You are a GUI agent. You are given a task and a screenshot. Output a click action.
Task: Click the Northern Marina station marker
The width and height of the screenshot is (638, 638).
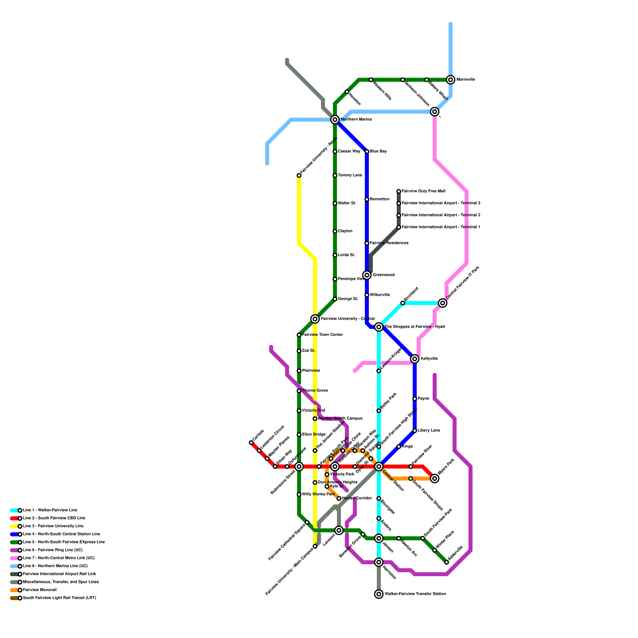[x=335, y=120]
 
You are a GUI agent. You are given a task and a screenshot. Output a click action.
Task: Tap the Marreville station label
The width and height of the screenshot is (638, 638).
[x=465, y=80]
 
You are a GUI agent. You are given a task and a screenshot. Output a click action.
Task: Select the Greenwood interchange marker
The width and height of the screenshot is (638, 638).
[x=367, y=275]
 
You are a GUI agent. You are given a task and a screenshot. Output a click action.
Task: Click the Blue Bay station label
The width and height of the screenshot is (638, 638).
[x=378, y=152]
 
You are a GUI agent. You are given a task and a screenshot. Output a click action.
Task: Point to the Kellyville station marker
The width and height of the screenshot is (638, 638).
[x=415, y=359]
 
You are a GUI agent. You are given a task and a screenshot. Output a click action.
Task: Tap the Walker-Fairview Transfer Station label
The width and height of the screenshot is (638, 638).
[x=415, y=594]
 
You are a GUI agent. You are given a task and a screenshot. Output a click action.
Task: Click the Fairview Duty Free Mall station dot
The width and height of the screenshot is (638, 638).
[x=399, y=191]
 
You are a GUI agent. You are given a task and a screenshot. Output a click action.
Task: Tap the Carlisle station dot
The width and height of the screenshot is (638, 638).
[x=251, y=443]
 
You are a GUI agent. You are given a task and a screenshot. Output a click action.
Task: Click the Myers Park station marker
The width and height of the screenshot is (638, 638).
[x=435, y=478]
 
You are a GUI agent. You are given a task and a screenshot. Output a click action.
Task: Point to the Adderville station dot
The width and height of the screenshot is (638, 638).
[x=447, y=562]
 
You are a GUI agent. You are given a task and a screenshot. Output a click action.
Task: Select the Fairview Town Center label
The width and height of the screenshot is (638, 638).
[x=322, y=335]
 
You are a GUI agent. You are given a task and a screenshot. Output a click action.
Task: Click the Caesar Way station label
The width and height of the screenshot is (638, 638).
[x=349, y=152]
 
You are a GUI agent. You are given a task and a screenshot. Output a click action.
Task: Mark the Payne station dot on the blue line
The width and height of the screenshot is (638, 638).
[x=415, y=399]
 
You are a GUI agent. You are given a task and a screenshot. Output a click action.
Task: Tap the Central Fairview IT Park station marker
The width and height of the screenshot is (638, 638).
[x=443, y=303]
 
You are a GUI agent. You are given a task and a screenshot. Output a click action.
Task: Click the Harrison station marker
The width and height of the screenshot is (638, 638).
[x=379, y=562]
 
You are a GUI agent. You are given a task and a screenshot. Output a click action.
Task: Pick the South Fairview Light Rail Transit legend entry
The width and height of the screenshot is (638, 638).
[x=59, y=598]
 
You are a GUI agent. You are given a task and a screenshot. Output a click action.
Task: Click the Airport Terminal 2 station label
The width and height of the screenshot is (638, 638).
[x=441, y=215]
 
